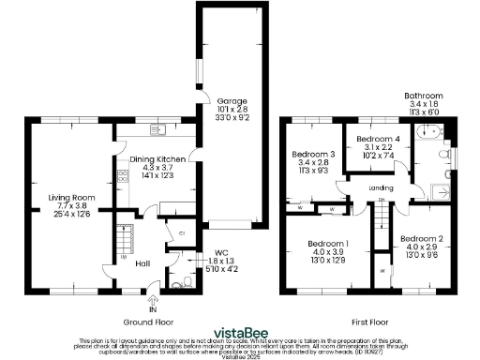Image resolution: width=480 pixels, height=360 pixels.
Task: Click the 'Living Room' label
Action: point(72,198)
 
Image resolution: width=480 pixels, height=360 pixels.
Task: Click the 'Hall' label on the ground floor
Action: point(142,262)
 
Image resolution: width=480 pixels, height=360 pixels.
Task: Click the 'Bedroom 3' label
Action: point(313,155)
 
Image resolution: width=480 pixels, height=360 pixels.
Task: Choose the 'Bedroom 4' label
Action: point(377,140)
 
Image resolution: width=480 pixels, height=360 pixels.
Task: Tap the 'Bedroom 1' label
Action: point(328,244)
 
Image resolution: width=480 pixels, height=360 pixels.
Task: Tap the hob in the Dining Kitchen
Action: point(122,175)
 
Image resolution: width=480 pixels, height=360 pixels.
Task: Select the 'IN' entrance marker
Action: point(153,309)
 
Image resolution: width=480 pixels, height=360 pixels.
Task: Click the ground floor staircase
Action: point(125,233)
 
